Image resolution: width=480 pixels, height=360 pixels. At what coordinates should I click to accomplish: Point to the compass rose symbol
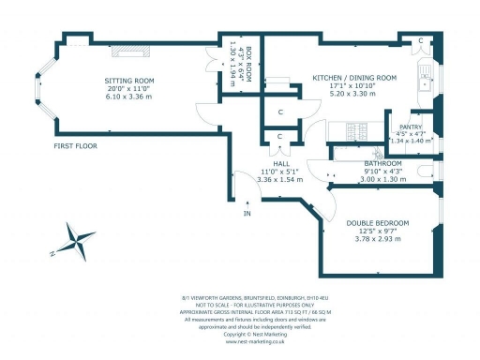click(x=76, y=241)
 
